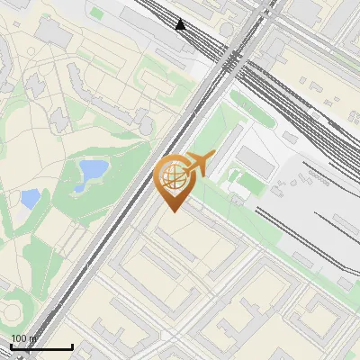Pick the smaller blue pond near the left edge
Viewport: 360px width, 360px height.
click(31, 198)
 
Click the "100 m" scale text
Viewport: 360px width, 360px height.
click(23, 338)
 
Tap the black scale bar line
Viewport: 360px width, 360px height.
click(41, 347)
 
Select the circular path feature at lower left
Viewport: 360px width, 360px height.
click(11, 310)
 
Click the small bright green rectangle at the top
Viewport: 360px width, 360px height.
click(96, 13)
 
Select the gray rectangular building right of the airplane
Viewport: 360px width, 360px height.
click(255, 163)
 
